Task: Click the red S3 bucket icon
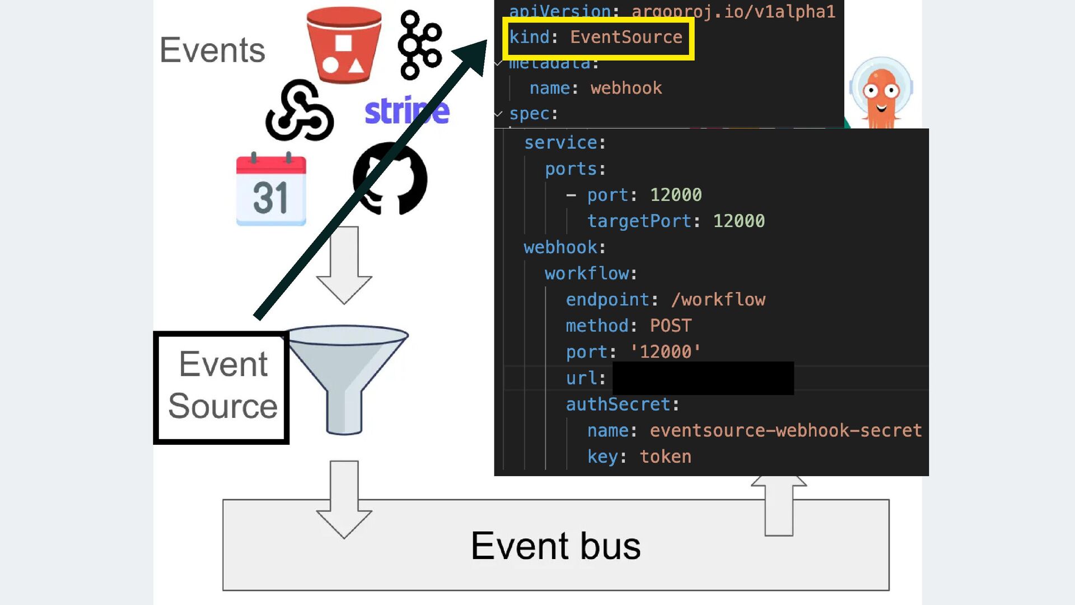[344, 45]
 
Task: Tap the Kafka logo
[419, 45]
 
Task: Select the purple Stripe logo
[406, 111]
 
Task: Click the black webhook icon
[299, 111]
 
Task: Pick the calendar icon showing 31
[271, 189]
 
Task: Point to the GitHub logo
[390, 178]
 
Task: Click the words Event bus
[555, 546]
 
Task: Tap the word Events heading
[212, 50]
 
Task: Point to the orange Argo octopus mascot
[881, 92]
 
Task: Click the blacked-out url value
[703, 378]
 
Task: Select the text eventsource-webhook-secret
[785, 430]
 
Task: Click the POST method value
[670, 325]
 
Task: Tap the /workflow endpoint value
[718, 300]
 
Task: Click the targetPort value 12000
[739, 221]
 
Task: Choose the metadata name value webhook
[626, 88]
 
